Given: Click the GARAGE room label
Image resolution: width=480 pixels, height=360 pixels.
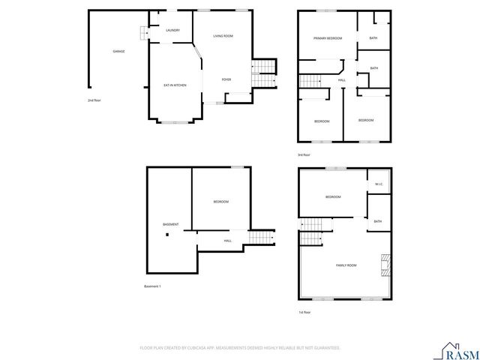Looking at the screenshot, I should [118, 51].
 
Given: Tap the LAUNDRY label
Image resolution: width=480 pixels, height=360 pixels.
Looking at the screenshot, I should [172, 31].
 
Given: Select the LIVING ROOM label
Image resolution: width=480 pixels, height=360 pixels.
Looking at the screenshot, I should [223, 36].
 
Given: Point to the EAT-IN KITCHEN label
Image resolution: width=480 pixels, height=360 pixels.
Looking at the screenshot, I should [175, 85].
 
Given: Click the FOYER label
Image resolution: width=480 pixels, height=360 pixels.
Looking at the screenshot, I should [226, 79].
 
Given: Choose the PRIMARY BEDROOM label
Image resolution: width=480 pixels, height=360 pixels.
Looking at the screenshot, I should [328, 38].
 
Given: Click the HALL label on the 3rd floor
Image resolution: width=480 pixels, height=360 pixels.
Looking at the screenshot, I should [341, 80].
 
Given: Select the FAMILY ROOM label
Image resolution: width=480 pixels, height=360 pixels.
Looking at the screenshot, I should [346, 265].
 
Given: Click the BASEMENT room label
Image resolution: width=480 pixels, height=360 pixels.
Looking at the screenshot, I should [171, 225].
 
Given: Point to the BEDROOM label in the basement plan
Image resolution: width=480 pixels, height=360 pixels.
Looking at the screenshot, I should [220, 202].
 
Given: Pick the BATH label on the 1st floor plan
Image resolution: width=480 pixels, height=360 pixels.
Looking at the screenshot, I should [377, 221].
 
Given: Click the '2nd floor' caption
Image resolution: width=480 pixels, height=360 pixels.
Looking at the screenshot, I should [94, 100].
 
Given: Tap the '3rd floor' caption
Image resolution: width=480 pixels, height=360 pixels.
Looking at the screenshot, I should [304, 155].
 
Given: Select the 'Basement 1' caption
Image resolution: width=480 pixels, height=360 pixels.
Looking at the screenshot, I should [152, 286].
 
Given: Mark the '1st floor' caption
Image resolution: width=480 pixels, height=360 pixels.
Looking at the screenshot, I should [304, 312].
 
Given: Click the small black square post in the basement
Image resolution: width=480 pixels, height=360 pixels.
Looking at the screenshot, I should [168, 235].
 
